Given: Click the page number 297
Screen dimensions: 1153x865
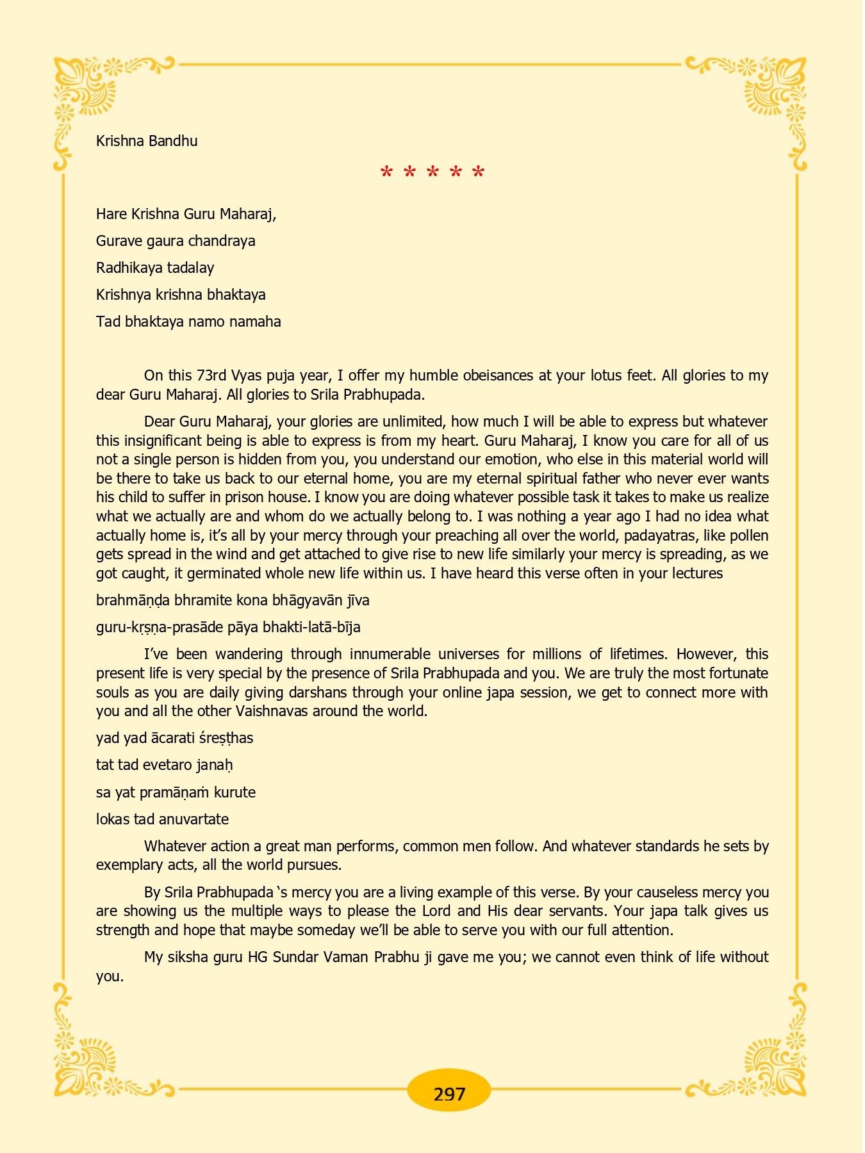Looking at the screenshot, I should pos(449,1094).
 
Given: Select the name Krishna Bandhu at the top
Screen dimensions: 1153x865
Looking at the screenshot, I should pos(147,141).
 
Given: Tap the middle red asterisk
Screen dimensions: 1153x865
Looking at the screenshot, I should pos(432,172).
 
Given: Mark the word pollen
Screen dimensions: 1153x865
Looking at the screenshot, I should pos(747,536).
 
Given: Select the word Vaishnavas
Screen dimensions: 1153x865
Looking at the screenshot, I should pos(271,712).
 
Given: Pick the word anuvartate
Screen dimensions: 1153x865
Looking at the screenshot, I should pos(192,820).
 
